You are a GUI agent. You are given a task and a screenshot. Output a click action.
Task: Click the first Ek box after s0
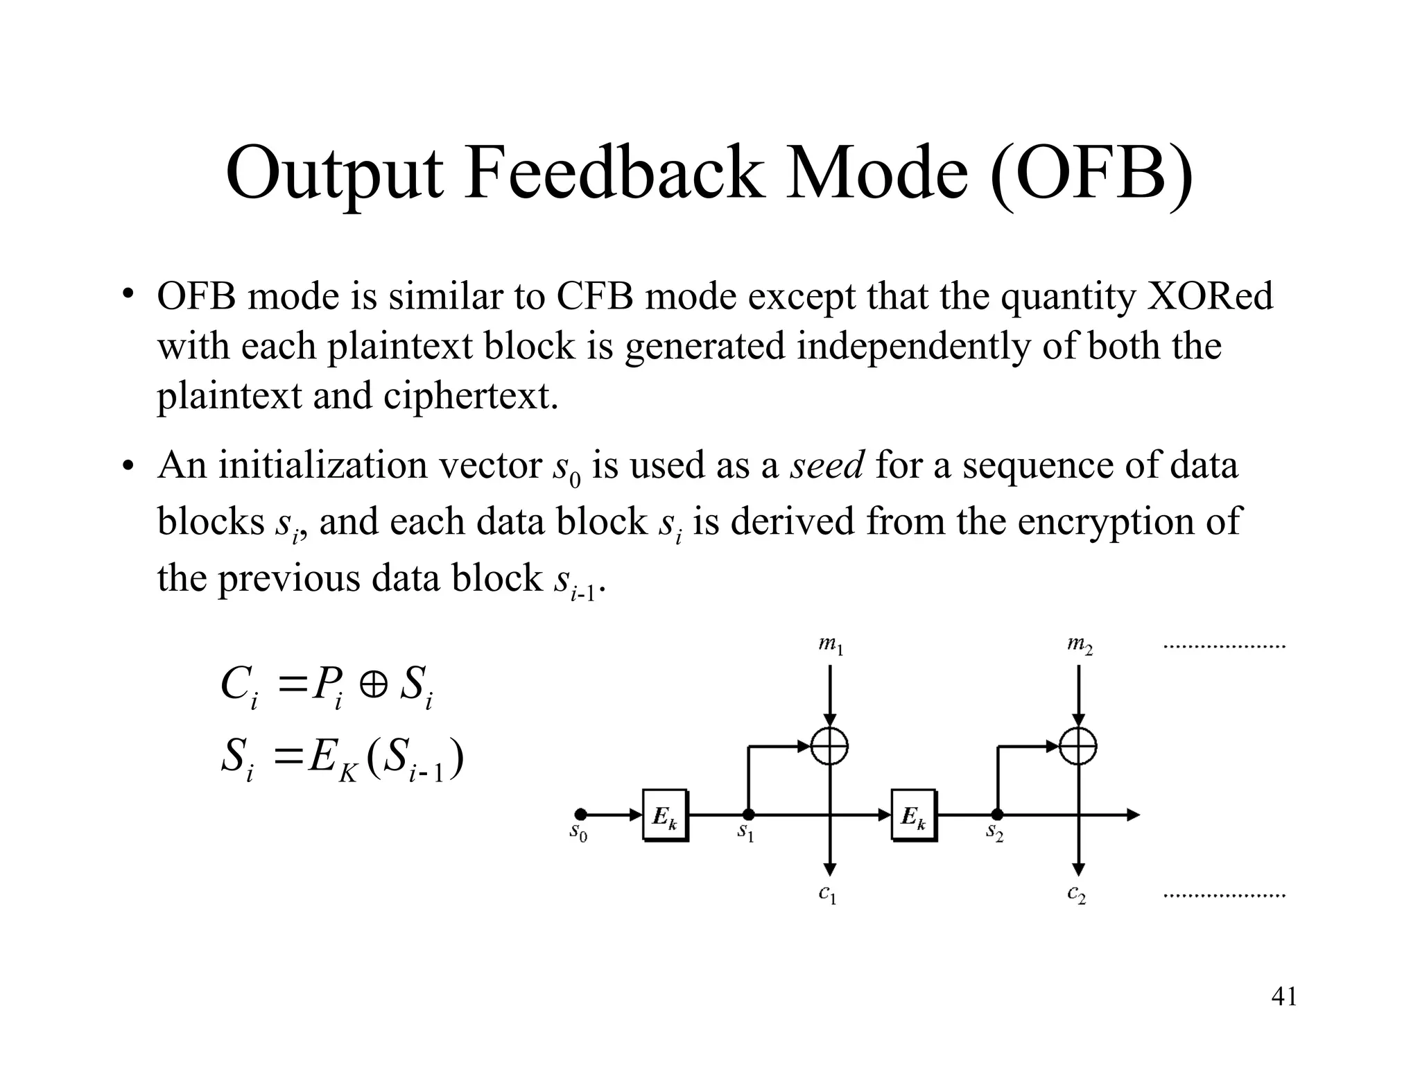point(665,815)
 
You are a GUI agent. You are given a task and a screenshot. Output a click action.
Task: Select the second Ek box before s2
point(913,815)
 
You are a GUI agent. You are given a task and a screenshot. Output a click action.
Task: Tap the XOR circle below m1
point(830,747)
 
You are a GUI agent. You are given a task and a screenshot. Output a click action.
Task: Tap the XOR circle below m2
point(1078,747)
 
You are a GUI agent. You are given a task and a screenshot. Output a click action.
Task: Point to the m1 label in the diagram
point(830,646)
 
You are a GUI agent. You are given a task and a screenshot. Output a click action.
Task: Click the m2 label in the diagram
point(1080,646)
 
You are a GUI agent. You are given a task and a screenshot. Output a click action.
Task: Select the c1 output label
point(828,894)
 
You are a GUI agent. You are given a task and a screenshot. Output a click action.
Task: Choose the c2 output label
point(1077,894)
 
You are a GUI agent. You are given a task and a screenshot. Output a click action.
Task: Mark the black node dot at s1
point(749,815)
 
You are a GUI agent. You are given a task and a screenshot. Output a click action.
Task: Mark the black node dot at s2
point(996,815)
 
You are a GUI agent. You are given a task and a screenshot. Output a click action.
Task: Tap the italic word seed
point(827,465)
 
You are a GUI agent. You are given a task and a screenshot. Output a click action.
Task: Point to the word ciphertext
point(470,396)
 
